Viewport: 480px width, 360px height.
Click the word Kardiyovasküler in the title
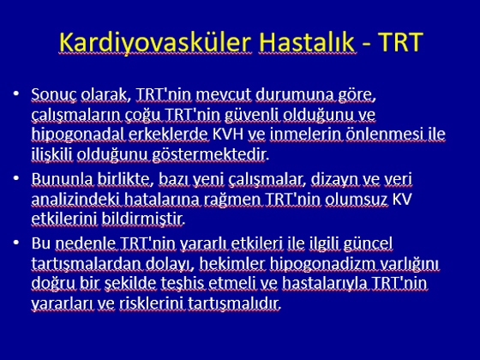point(155,42)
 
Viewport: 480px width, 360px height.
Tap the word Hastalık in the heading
point(308,42)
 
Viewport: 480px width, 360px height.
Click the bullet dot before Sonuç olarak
point(16,93)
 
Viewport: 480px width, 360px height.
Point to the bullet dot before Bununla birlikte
point(16,177)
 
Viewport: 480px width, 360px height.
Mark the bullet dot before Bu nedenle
point(16,242)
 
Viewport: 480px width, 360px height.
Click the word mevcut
point(224,94)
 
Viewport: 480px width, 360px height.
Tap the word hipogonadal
point(78,135)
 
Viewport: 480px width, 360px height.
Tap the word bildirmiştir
point(142,219)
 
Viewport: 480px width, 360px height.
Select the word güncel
point(368,244)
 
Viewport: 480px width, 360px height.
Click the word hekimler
point(231,264)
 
